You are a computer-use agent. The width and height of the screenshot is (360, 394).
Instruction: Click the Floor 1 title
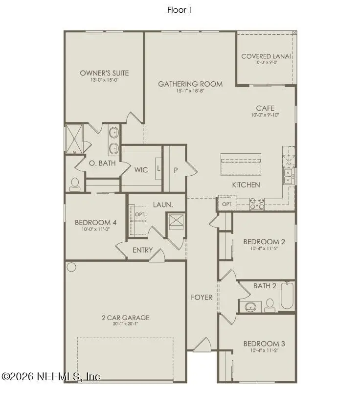click(x=180, y=10)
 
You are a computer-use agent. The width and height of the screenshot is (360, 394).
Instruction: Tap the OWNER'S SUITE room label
click(x=105, y=73)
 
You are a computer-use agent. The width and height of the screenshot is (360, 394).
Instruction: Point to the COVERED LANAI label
click(x=266, y=56)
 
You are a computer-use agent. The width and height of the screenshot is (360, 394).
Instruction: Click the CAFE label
click(x=265, y=108)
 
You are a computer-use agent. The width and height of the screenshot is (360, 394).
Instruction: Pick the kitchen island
click(x=243, y=164)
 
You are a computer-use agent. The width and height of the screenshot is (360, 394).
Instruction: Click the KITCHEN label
click(x=246, y=185)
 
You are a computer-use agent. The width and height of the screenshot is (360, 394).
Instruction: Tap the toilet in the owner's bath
click(x=75, y=184)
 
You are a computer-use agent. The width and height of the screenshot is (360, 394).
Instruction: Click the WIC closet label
click(x=142, y=170)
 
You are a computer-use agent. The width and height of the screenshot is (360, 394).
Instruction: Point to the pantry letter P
click(x=175, y=170)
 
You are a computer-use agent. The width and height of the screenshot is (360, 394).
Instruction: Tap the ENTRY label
click(x=143, y=250)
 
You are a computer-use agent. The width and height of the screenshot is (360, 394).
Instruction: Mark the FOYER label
click(x=202, y=297)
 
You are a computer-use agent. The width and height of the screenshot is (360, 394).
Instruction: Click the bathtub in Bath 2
click(x=287, y=296)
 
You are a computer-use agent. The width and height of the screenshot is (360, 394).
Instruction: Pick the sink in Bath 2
click(x=251, y=307)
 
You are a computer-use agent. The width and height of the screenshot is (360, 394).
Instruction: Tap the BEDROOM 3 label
click(x=264, y=344)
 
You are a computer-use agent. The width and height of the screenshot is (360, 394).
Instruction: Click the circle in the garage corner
click(x=72, y=267)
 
